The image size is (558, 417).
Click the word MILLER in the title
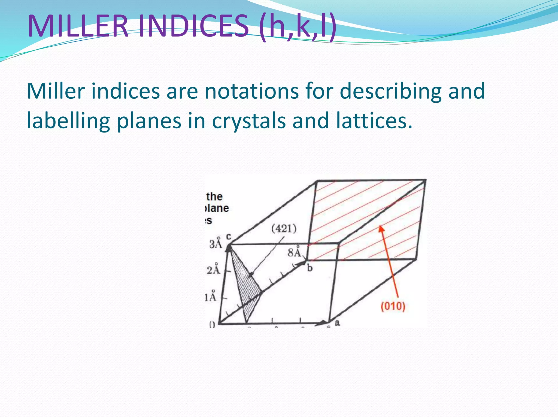78,26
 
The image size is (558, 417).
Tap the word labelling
68,121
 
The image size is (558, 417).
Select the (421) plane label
284,228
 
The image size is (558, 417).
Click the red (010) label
393,306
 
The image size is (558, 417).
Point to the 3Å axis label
216,243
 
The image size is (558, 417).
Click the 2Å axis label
213,270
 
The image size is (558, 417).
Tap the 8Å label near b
294,252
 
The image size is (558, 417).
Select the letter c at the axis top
228,236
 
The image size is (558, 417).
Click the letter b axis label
310,268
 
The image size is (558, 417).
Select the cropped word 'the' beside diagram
214,197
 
